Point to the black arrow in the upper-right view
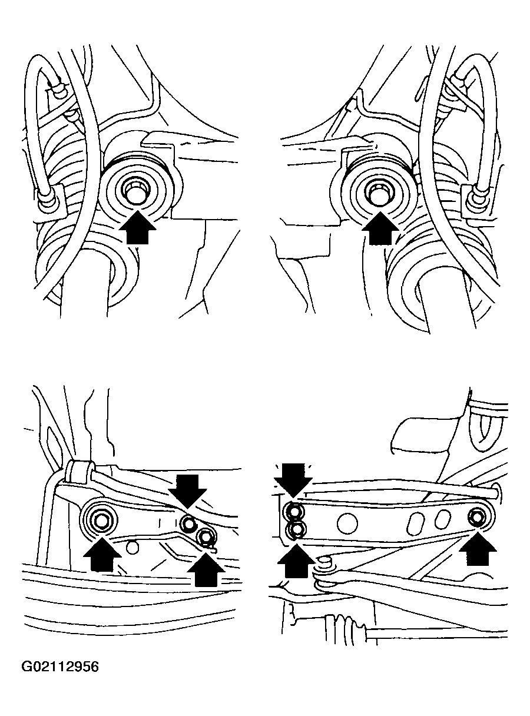(380, 228)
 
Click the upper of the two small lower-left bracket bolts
(188, 521)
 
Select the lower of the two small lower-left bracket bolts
(205, 536)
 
